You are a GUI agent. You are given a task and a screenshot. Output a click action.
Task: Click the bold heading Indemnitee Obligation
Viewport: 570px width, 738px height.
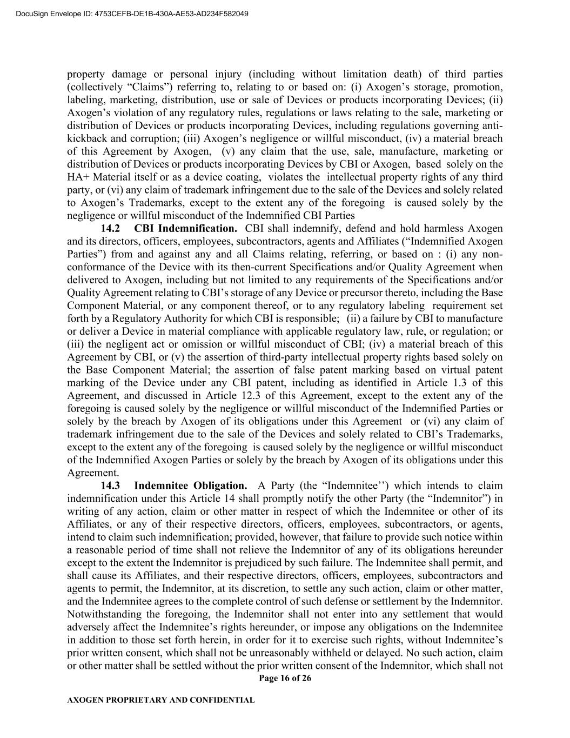coord(190,486)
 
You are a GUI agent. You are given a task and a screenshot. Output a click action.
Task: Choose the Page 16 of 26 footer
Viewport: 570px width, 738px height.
coord(285,679)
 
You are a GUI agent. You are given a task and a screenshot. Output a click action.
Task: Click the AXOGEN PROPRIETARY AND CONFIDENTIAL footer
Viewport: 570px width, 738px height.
coord(160,700)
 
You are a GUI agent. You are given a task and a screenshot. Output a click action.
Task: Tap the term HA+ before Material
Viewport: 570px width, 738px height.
coord(77,177)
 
